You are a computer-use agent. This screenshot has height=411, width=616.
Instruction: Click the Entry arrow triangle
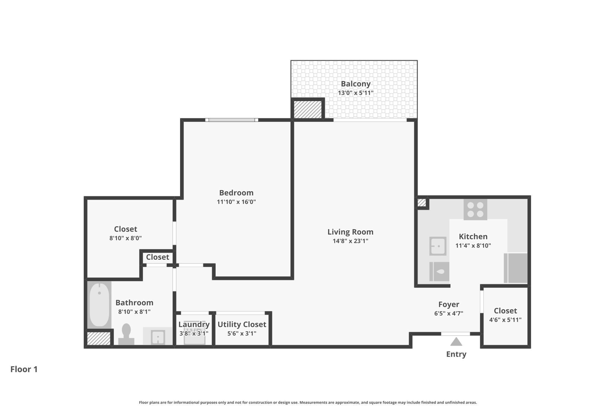point(456,342)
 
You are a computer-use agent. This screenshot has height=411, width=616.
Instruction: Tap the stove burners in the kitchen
point(475,209)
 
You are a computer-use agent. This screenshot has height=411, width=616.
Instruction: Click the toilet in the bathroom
point(126,334)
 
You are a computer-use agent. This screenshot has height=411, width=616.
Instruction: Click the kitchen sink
point(438,246)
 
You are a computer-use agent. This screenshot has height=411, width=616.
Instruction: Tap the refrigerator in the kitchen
point(516,268)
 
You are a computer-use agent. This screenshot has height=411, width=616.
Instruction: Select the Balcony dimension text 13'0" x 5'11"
point(355,93)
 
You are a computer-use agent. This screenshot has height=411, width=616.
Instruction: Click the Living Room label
point(350,232)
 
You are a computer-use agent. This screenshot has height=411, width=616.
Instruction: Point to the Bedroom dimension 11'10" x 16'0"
point(236,202)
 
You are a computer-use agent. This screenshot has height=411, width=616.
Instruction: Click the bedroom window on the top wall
point(232,120)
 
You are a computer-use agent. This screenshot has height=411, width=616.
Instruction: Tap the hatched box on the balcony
point(308,109)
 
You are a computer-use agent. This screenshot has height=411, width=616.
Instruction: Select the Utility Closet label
point(242,324)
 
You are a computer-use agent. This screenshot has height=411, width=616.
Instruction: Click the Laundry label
point(194,324)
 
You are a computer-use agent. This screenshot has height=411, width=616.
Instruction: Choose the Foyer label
point(449,304)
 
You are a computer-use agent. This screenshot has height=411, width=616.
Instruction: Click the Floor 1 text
point(24,369)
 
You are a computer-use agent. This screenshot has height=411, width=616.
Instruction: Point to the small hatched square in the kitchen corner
point(421,203)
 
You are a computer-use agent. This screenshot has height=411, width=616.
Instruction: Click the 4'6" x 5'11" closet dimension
point(505,320)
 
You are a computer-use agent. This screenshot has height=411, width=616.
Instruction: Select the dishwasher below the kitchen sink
point(439,271)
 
